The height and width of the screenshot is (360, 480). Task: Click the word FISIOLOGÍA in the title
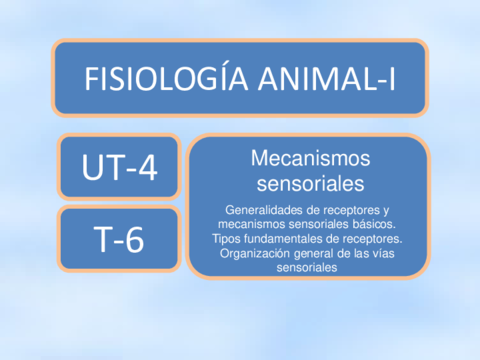coord(166,78)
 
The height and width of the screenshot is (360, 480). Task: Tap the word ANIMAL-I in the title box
coord(327,79)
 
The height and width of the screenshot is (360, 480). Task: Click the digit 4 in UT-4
coord(148,168)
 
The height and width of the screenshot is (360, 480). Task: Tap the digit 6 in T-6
coord(134,239)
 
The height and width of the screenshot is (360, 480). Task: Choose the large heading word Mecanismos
coord(310,158)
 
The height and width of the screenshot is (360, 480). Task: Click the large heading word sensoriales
coord(310,184)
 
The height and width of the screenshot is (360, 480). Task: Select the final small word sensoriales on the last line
coord(307,268)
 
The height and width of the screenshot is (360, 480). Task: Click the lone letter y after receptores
coord(386,211)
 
